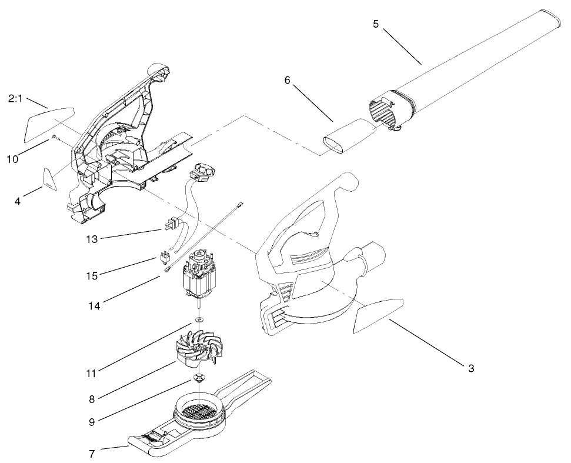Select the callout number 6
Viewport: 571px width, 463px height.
[x=288, y=80]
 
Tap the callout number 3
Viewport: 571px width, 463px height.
[x=471, y=369]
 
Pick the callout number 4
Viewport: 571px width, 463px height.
[x=18, y=201]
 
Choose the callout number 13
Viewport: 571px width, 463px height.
[x=91, y=239]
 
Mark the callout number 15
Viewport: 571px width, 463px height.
[x=92, y=275]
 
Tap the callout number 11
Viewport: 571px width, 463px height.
[x=91, y=372]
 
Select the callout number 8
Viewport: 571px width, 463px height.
[x=92, y=399]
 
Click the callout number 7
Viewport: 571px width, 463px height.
[x=92, y=453]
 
